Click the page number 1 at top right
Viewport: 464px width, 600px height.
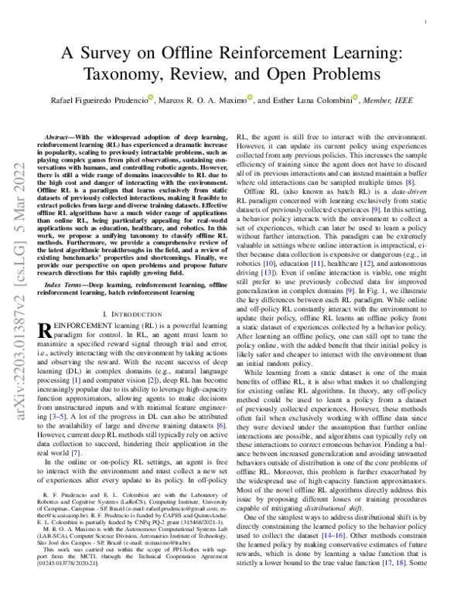click(428, 24)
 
